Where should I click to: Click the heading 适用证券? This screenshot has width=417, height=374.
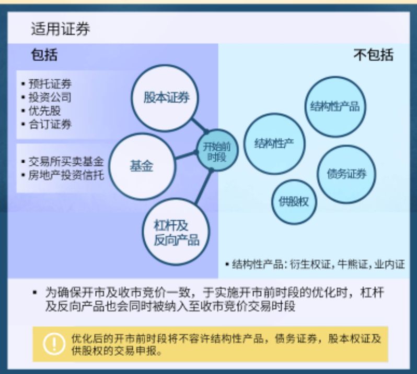[60, 29]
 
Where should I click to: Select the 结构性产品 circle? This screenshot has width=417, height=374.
[334, 107]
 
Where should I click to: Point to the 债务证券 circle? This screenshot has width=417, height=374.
[346, 174]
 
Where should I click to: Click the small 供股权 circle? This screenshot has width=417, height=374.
[294, 201]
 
